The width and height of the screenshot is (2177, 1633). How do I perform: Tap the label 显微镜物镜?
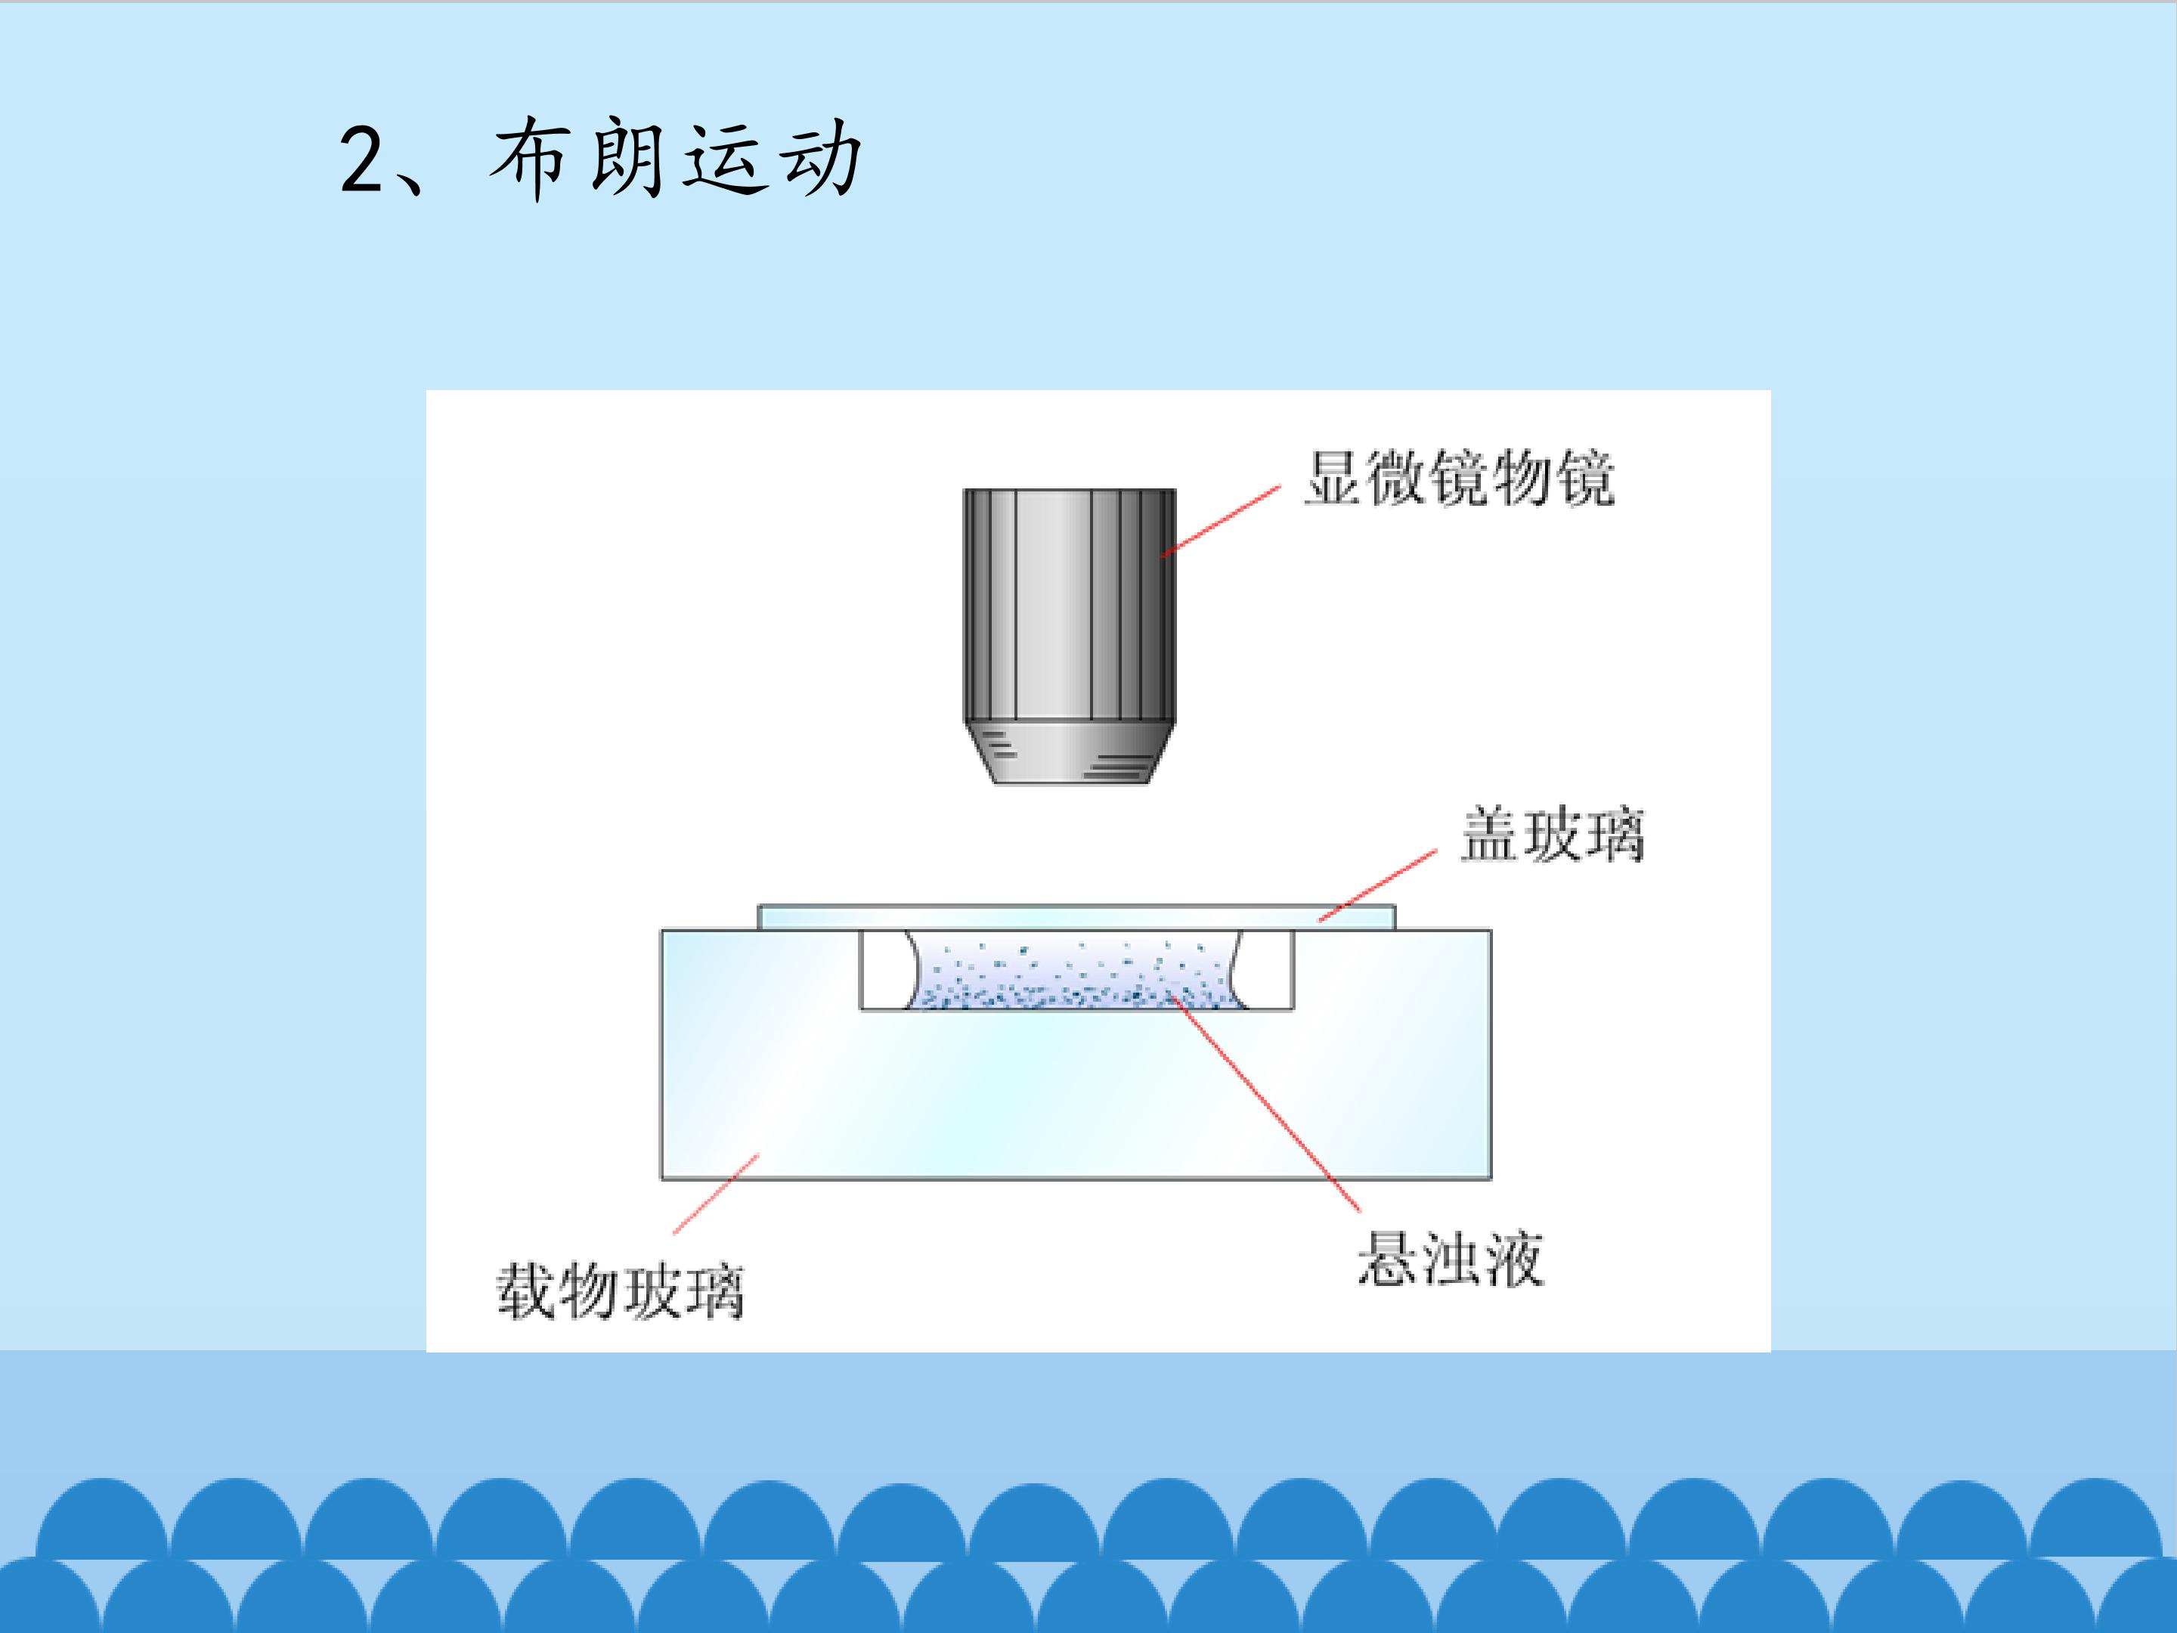(x=1460, y=479)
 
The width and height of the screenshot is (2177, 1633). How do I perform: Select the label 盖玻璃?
(x=1552, y=835)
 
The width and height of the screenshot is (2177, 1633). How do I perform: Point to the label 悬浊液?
(x=1451, y=1259)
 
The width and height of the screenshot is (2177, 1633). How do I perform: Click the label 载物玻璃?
(x=620, y=1291)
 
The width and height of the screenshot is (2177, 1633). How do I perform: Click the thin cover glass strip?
(x=1076, y=917)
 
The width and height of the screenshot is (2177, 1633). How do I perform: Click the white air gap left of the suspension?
(x=884, y=971)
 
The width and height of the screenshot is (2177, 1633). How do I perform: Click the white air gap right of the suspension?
(x=1265, y=971)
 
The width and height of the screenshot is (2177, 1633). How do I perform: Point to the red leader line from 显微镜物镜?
(x=1222, y=521)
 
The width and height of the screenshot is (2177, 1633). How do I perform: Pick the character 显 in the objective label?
(x=1334, y=479)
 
